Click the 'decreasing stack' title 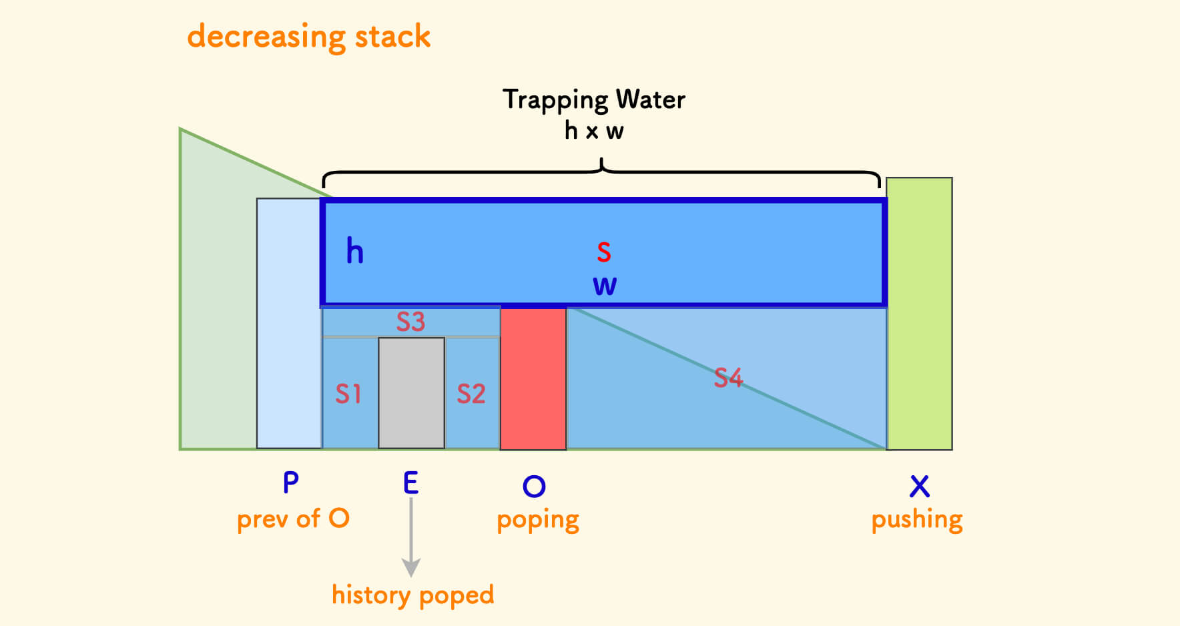pos(308,37)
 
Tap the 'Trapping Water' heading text pos(593,99)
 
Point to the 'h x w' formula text pos(593,131)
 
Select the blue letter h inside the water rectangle pos(354,252)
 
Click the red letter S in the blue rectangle pos(603,252)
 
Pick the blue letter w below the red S pos(605,286)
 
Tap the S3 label pos(410,322)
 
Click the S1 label pos(348,394)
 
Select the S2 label pos(471,394)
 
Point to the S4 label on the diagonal pos(728,378)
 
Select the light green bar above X pos(919,314)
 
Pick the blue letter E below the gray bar pos(410,483)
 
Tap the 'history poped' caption pos(412,595)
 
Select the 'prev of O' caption pos(293,519)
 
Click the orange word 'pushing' pos(917,520)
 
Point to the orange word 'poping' pos(538,520)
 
